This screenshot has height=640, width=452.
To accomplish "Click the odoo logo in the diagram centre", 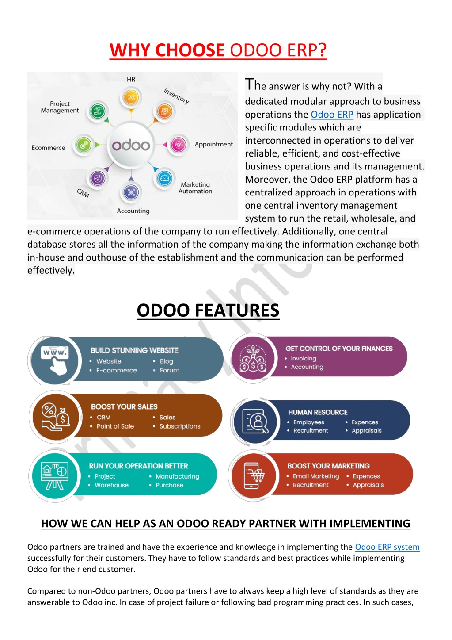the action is [x=131, y=145].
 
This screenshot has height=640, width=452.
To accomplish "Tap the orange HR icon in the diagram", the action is [x=131, y=97].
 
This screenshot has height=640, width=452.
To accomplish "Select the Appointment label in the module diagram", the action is [x=214, y=144].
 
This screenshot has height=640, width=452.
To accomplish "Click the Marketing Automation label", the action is [x=195, y=188].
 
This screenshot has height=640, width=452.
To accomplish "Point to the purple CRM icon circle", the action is [x=98, y=179].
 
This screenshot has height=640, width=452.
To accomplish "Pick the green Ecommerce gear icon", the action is [x=84, y=145].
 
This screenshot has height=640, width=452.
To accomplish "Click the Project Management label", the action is [x=60, y=107].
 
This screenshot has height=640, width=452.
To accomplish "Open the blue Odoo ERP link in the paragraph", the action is [x=332, y=114].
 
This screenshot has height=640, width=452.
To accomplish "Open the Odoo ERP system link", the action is [x=387, y=547].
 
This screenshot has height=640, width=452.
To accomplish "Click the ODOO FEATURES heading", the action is [x=208, y=310].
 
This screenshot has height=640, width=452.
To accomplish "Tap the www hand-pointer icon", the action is [x=54, y=360].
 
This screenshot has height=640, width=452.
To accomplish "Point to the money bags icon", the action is [x=253, y=358].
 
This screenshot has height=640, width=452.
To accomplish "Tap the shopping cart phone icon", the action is [x=254, y=475].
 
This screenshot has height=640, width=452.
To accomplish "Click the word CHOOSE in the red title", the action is [x=190, y=50].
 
